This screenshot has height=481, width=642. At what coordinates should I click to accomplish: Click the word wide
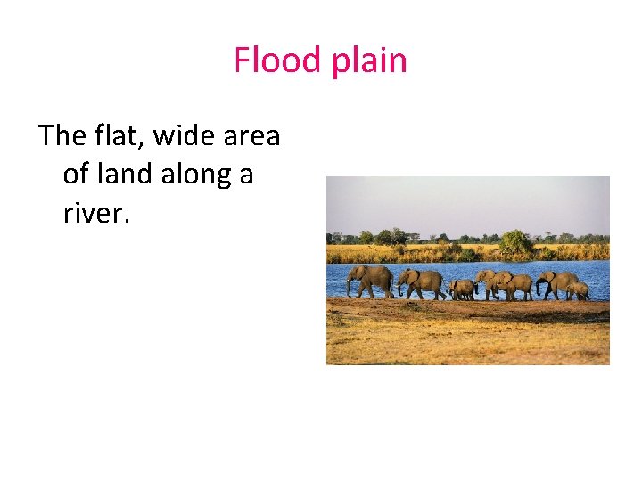click(x=185, y=136)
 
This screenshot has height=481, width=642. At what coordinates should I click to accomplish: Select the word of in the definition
click(x=76, y=175)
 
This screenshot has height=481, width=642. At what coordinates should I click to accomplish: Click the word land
click(x=125, y=175)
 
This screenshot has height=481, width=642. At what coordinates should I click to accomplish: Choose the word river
click(x=92, y=214)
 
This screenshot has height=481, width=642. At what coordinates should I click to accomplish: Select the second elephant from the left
click(x=423, y=283)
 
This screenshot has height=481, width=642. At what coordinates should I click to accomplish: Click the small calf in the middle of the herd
click(x=463, y=289)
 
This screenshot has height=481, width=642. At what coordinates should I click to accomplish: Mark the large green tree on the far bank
click(x=515, y=240)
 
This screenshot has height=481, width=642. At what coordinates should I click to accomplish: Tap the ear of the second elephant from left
click(x=413, y=278)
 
